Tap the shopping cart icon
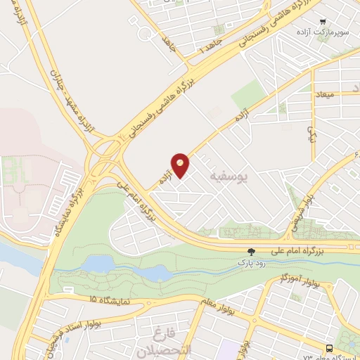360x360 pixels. [323, 22]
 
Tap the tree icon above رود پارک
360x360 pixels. [251, 251]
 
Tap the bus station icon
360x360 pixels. [329, 349]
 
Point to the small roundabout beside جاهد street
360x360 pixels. [146, 34]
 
